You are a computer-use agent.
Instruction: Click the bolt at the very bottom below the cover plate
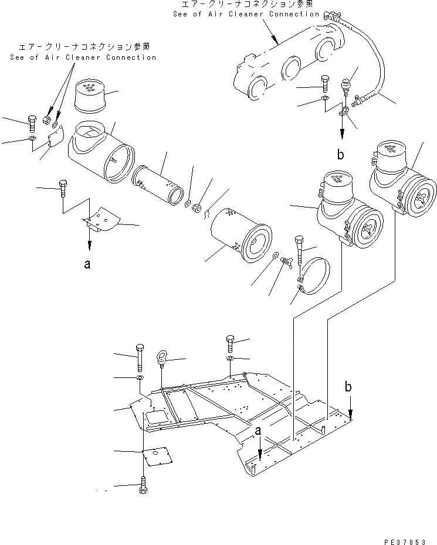pos(143,486)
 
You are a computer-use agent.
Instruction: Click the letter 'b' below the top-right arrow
pos(341,155)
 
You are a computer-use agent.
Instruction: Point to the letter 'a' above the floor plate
pos(258,431)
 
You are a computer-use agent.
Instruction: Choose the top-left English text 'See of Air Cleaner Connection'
pos(83,57)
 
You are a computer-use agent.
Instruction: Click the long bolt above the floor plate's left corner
pos(139,357)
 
